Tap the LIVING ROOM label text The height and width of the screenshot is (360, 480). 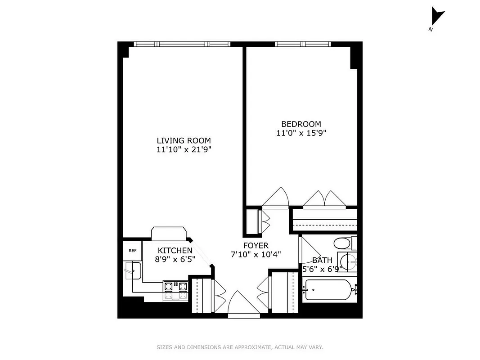coord(184,140)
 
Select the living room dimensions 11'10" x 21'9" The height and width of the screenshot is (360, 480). coord(184,149)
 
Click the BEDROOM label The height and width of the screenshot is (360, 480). coord(301,124)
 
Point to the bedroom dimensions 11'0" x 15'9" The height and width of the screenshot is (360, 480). coord(301,133)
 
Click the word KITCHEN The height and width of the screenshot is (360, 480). coord(175,251)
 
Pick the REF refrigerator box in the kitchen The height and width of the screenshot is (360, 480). coord(133,251)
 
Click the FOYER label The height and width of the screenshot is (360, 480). coord(256,246)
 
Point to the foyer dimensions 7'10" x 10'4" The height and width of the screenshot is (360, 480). coord(256,255)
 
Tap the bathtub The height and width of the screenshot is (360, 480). coord(328,290)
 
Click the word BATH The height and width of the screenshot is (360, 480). coord(323,260)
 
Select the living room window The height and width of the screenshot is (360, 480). coord(182,44)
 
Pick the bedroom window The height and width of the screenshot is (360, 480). coord(303,44)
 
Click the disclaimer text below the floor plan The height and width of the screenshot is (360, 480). coord(240,347)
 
